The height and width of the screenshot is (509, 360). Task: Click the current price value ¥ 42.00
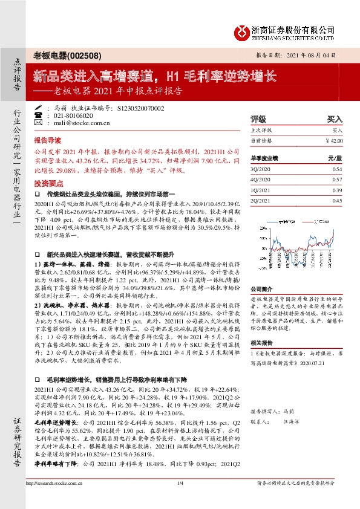[334, 141]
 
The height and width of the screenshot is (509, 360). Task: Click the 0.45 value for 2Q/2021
[338, 201]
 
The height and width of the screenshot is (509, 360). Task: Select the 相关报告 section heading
[261, 342]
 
